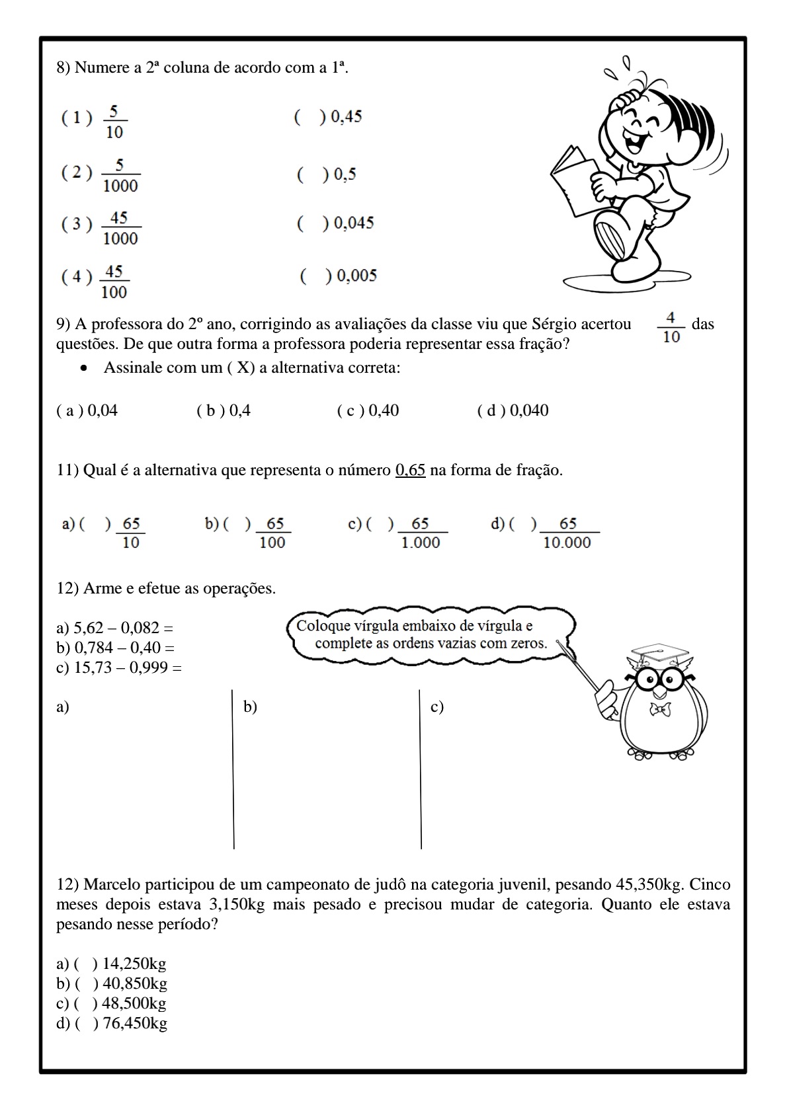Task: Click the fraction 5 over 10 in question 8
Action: (114, 122)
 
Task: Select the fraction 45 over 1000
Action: (120, 228)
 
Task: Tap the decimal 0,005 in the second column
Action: (356, 276)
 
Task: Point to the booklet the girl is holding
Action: (573, 178)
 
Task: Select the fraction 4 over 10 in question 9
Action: (671, 328)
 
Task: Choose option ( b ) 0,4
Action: (224, 410)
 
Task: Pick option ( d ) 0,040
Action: (513, 410)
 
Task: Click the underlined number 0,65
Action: (410, 471)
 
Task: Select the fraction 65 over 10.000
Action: (567, 533)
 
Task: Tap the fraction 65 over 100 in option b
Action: (272, 533)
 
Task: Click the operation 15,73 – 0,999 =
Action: (119, 668)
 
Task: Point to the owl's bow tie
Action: (660, 709)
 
